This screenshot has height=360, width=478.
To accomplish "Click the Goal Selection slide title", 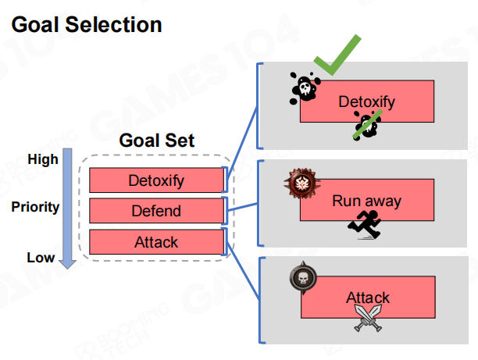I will [x=87, y=25].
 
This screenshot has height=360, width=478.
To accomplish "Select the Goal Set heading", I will [x=157, y=141].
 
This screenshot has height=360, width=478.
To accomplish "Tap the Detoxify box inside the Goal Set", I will [x=156, y=181].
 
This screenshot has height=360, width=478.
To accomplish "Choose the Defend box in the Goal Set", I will [x=156, y=211].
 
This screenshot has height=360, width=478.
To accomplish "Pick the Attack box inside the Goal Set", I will [x=156, y=242].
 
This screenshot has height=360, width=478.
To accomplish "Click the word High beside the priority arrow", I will [x=43, y=159].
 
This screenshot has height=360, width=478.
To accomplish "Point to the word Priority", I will [x=35, y=207].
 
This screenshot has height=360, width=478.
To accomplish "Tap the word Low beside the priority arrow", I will [x=41, y=257].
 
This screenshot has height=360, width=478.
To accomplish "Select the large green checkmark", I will [x=337, y=56].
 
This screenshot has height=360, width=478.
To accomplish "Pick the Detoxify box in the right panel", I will [x=367, y=102].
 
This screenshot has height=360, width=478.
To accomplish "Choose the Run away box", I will [x=366, y=201].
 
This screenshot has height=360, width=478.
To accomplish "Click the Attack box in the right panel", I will [x=367, y=298].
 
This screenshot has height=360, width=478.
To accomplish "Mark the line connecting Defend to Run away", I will [x=243, y=207].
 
